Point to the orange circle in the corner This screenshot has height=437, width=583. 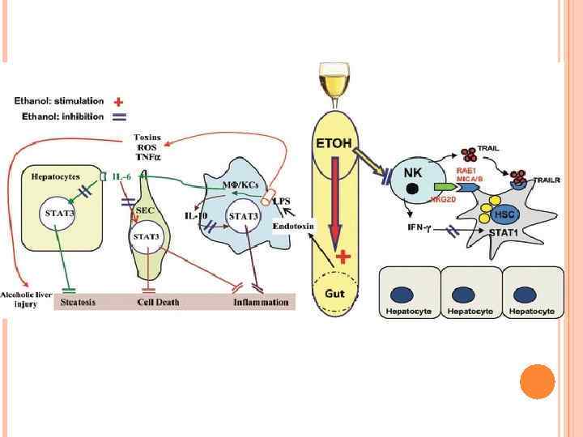coord(536,381)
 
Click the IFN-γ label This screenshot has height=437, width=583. coord(423,227)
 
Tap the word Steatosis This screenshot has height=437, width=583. coord(79,303)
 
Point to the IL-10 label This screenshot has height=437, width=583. coord(197,216)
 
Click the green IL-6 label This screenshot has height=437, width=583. coord(123,176)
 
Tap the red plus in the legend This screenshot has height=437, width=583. coord(118,102)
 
